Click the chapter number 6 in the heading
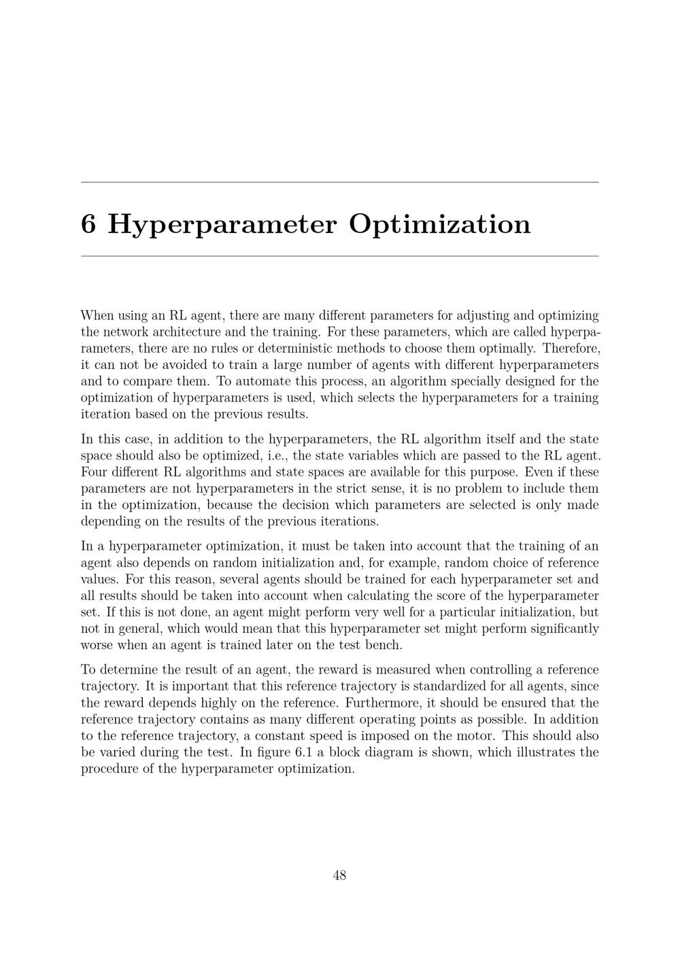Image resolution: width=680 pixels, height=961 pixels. tap(88, 224)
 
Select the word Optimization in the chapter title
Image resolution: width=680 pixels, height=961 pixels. tap(439, 224)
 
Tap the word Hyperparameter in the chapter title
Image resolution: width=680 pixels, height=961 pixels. tap(222, 224)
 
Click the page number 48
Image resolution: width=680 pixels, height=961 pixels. tap(340, 875)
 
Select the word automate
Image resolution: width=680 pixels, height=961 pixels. tap(253, 381)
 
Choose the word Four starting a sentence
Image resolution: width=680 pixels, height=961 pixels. tap(94, 472)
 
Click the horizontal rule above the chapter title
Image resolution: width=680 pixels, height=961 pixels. tap(340, 182)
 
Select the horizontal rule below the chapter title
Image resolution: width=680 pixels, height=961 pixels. tap(340, 256)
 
